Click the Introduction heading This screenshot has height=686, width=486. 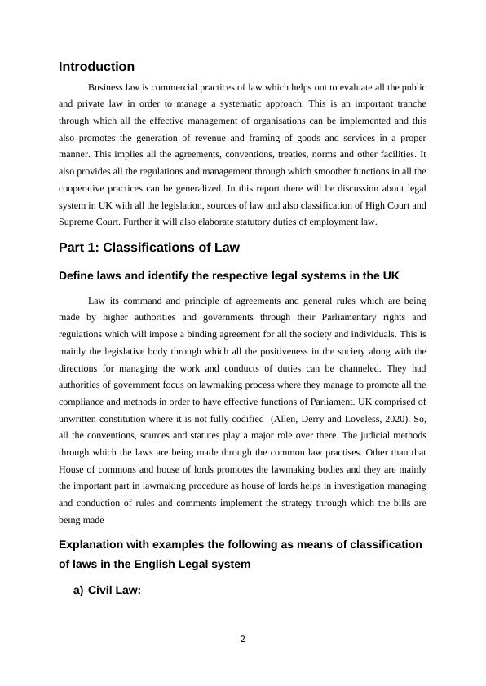(96, 67)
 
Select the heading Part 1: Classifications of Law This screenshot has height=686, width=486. (148, 248)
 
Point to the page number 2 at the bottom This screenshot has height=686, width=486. (242, 640)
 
